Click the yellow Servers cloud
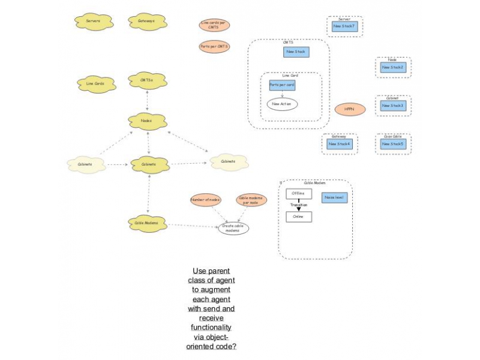click(x=93, y=22)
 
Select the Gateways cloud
click(x=146, y=22)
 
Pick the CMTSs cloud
click(x=147, y=80)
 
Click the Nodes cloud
click(x=146, y=121)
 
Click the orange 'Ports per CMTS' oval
click(x=214, y=46)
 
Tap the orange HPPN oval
click(x=350, y=109)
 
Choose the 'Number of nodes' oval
click(x=206, y=200)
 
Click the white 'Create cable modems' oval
click(x=233, y=228)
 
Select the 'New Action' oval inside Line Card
click(x=281, y=104)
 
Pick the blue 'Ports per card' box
click(x=281, y=85)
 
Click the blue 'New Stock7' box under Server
click(x=344, y=26)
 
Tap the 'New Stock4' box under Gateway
click(x=340, y=144)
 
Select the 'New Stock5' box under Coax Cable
click(x=394, y=144)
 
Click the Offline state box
click(x=298, y=194)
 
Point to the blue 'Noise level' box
click(x=334, y=197)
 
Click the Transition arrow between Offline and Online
click(x=298, y=208)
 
